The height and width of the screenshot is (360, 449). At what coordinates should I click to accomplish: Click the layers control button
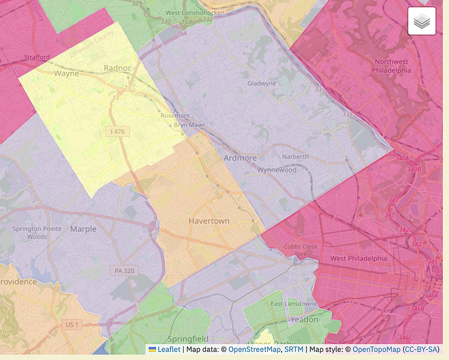421,21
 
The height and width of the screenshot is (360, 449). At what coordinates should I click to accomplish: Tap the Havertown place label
209,221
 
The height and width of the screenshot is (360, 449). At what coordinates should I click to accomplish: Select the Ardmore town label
240,158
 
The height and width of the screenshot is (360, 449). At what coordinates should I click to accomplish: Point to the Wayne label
66,73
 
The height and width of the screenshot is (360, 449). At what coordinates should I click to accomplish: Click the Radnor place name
117,68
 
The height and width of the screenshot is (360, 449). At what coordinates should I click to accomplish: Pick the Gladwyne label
262,84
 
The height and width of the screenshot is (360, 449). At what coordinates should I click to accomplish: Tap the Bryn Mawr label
190,125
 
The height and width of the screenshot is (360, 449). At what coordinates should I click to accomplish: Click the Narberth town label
295,156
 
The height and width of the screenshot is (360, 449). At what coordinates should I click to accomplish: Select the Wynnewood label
277,169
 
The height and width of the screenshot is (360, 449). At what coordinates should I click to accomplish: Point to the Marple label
83,229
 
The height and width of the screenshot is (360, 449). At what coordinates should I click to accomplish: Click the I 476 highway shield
118,131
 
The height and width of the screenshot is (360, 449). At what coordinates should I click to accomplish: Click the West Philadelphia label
359,259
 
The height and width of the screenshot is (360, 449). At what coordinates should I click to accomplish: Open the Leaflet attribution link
168,349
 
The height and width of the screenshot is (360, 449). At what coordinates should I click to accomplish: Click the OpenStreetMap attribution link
254,349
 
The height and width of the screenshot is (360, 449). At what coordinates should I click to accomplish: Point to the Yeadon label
304,320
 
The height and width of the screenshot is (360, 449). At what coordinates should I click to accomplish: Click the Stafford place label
37,57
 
